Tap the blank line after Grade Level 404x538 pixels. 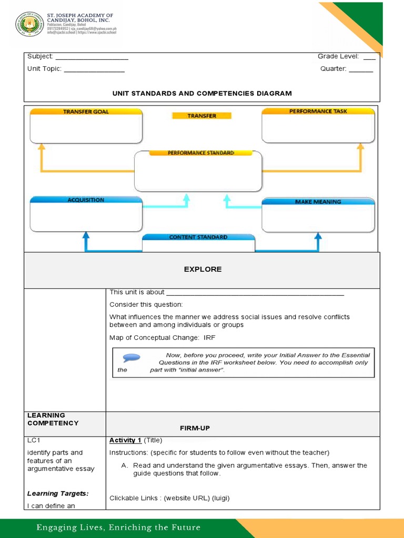coord(369,58)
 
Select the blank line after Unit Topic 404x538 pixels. coord(94,70)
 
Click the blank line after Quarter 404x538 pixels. coord(361,70)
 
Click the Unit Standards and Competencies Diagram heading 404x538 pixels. coord(202,94)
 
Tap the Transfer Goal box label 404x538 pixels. coord(86,112)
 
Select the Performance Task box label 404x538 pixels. coord(318,111)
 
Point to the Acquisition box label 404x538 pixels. coord(86,200)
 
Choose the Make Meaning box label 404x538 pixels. coord(318,202)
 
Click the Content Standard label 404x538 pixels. coord(198,237)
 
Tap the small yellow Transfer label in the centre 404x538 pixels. coord(201,116)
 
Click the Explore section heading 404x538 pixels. coord(203,270)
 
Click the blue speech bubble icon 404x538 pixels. coord(131,358)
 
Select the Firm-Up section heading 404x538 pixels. coord(195,428)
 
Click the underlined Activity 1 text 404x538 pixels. coord(125,440)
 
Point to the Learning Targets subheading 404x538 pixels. coord(58,493)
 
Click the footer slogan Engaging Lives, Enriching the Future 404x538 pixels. coord(118,527)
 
